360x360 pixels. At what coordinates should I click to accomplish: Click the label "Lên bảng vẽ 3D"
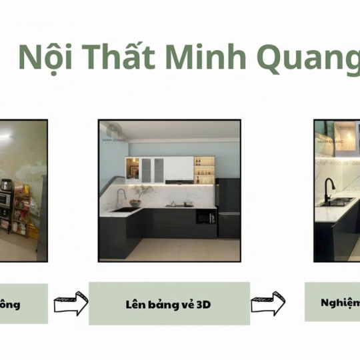coord(169,303)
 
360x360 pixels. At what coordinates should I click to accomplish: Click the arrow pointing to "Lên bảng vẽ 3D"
coord(70,304)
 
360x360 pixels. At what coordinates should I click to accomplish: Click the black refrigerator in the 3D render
coord(227,207)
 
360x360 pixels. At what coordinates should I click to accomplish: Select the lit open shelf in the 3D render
coord(203,170)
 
